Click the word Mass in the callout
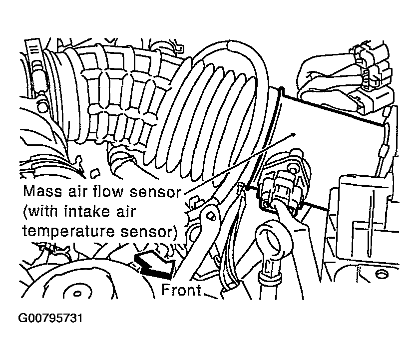43,191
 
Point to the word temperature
69,232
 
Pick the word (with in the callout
40,211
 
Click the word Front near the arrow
181,290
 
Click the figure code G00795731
50,318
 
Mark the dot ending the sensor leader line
294,135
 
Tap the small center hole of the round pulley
77,294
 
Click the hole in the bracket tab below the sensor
212,216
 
